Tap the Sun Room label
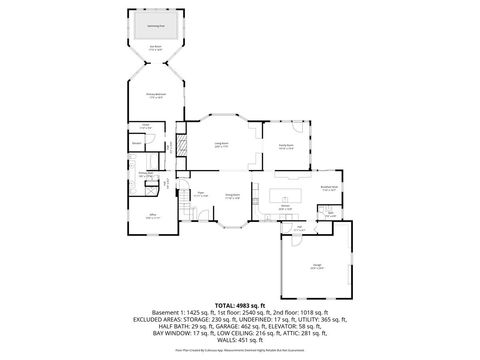(155, 47)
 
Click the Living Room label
(221, 146)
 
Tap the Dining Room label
(232, 196)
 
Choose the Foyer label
(201, 195)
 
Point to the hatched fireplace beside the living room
(183, 147)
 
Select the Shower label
(136, 143)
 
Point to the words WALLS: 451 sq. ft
(240, 340)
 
